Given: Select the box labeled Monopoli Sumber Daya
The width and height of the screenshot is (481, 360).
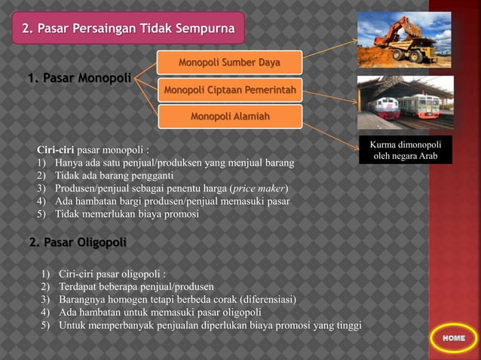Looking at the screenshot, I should click(229, 62).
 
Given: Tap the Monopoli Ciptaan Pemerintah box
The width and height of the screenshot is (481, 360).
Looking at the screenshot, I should click(229, 91).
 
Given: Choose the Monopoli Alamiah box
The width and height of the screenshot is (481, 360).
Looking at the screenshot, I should click(229, 117).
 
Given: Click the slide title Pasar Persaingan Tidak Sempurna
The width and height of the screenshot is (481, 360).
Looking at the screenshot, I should click(127, 29).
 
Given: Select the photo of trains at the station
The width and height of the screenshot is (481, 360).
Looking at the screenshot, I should click(405, 105).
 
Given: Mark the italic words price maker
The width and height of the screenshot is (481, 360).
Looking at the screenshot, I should click(259, 188).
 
